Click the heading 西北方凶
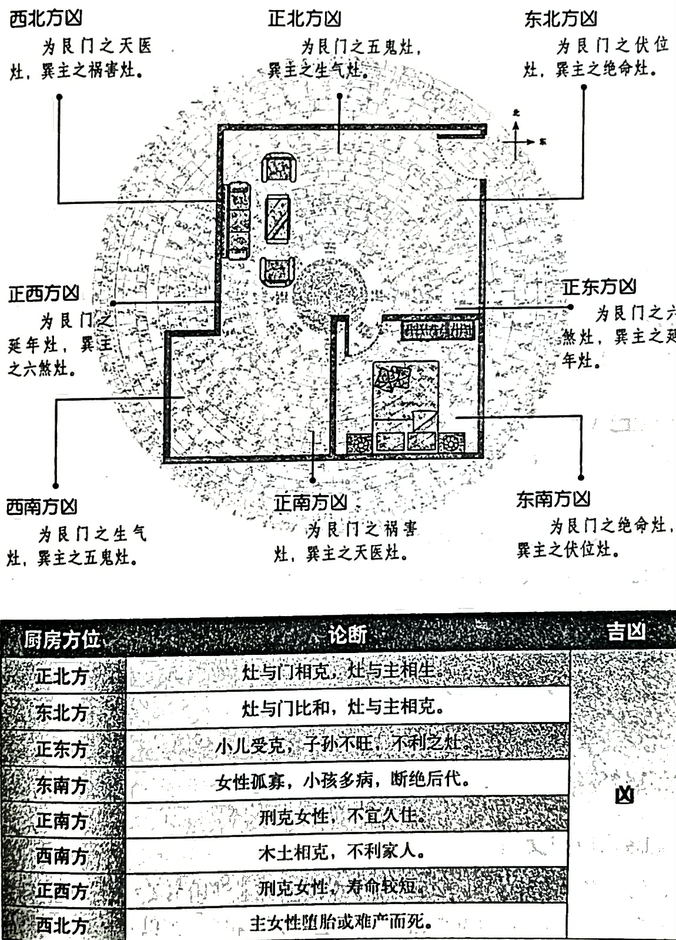pyautogui.click(x=45, y=18)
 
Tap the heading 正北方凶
pyautogui.click(x=304, y=19)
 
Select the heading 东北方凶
pyautogui.click(x=561, y=19)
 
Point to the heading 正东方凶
pyautogui.click(x=600, y=287)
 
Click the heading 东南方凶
pyautogui.click(x=553, y=499)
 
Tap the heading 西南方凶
pyautogui.click(x=42, y=507)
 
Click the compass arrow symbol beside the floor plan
pyautogui.click(x=517, y=141)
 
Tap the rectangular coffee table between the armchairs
pyautogui.click(x=277, y=219)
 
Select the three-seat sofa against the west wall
pyautogui.click(x=239, y=220)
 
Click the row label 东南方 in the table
pyautogui.click(x=62, y=785)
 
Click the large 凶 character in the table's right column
pyautogui.click(x=624, y=795)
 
